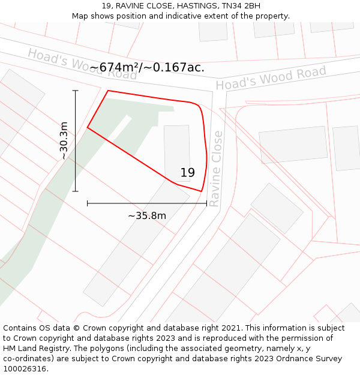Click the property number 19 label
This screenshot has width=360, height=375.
187,173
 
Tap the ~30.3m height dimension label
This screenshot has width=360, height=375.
64,141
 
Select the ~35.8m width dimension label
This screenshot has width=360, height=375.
147,215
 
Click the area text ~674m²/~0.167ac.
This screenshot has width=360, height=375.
147,67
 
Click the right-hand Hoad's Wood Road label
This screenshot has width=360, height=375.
271,79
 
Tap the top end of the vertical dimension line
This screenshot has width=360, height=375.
76,91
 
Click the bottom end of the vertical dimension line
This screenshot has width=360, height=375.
76,191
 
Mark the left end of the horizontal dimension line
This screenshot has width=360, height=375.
88,203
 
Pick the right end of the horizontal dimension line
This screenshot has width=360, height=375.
207,203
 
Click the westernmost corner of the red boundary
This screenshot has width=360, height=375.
88,127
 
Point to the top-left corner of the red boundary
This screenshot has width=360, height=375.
108,91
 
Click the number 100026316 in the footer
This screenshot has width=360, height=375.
25,369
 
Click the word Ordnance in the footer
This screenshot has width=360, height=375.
300,359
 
